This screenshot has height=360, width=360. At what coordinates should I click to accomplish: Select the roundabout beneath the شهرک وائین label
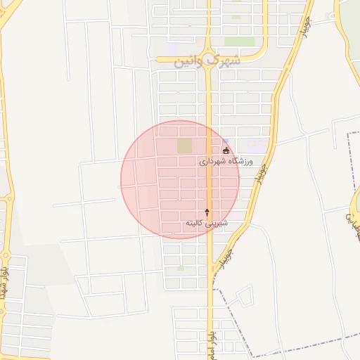coord(209,60)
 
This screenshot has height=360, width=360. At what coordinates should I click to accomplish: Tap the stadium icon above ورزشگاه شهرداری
coord(226,150)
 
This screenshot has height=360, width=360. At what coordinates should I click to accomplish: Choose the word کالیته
coord(195,223)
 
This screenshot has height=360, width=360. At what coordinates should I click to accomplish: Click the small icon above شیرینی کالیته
coord(207,212)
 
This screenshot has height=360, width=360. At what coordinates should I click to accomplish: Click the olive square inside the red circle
coord(184,146)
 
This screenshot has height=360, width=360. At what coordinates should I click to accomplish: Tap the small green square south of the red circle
coord(181,268)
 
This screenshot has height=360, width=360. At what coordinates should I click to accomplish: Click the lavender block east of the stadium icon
coord(259,146)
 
